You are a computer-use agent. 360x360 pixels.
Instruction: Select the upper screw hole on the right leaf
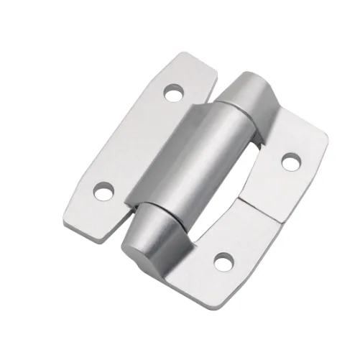click(x=290, y=162)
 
